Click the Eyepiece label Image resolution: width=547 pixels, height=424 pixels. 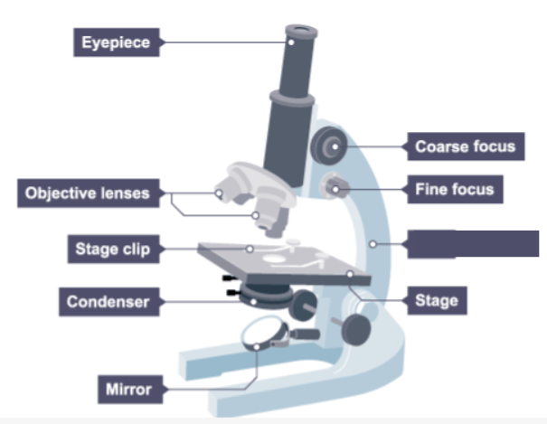tap(117, 42)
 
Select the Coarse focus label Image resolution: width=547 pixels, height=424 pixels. tap(464, 146)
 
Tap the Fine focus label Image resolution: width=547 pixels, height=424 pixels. tap(454, 190)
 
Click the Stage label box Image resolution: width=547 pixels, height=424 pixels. tap(436, 299)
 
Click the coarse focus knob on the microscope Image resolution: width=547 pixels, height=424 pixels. tap(328, 143)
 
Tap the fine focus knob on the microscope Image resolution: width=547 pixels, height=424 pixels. tap(336, 187)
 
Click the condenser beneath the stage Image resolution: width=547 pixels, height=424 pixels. tap(266, 292)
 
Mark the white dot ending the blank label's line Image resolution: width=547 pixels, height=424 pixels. tap(373, 242)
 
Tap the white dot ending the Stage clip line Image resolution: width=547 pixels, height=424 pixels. tap(250, 247)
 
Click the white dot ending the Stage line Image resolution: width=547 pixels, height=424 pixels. tap(348, 271)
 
